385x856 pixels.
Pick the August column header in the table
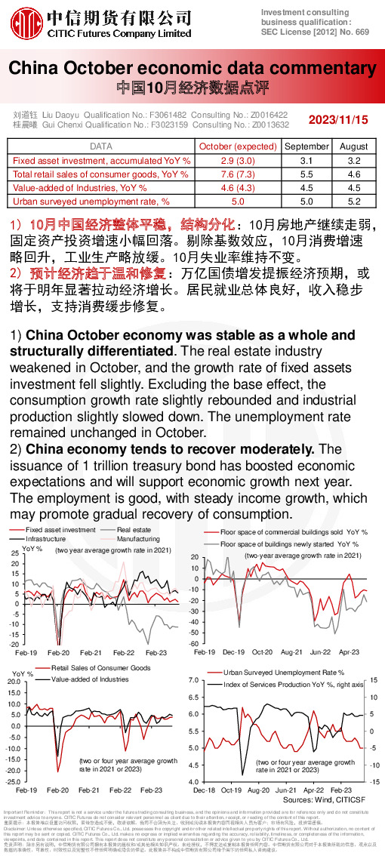[x=353, y=146]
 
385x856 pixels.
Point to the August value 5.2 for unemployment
[x=353, y=202]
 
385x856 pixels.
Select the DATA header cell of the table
[x=101, y=146]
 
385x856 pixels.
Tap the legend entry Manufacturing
[x=138, y=539]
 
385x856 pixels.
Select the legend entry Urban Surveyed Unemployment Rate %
[x=283, y=672]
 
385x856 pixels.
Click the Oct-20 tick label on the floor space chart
[x=262, y=651]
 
